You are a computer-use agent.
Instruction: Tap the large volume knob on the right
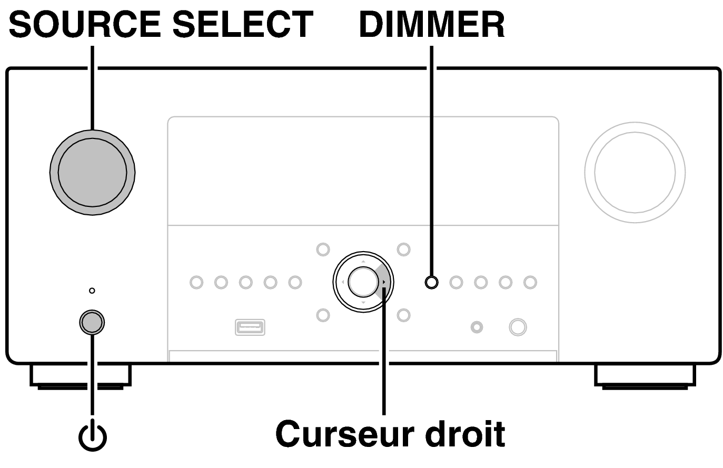click(x=635, y=172)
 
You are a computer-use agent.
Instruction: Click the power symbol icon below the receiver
click(x=92, y=435)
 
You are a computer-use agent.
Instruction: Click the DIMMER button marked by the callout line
click(x=431, y=282)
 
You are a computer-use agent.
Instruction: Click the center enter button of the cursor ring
click(x=363, y=282)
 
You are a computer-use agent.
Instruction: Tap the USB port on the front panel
click(x=250, y=327)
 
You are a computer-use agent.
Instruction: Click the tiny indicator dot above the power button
click(x=92, y=290)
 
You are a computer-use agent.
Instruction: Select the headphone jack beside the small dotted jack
click(x=518, y=327)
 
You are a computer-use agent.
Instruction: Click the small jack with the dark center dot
click(x=477, y=327)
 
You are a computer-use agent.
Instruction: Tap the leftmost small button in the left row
click(x=196, y=282)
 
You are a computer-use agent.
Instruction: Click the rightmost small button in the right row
click(x=530, y=282)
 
